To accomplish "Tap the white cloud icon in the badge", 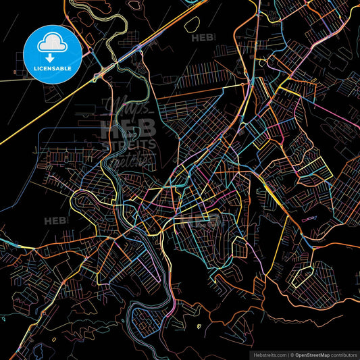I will point(53,41).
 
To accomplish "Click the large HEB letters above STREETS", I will point(128,128).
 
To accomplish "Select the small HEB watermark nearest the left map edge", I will point(55,220).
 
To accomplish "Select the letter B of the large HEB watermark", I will point(146,128).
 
